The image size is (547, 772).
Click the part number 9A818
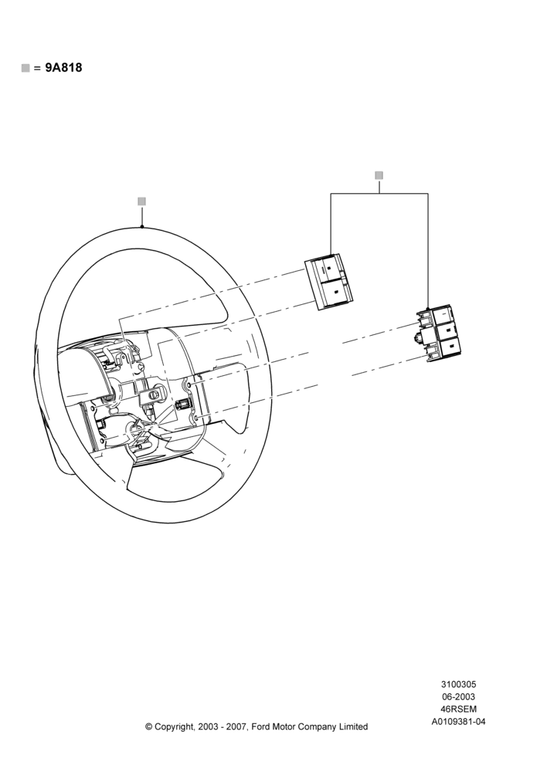pyautogui.click(x=63, y=68)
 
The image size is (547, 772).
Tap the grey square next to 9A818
pyautogui.click(x=25, y=68)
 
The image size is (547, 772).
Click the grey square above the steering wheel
pyautogui.click(x=142, y=201)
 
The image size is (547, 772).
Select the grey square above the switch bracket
pyautogui.click(x=379, y=175)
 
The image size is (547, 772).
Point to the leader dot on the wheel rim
pyautogui.click(x=142, y=226)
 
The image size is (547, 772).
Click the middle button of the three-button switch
pyautogui.click(x=447, y=330)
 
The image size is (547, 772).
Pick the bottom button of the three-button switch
pyautogui.click(x=450, y=347)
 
